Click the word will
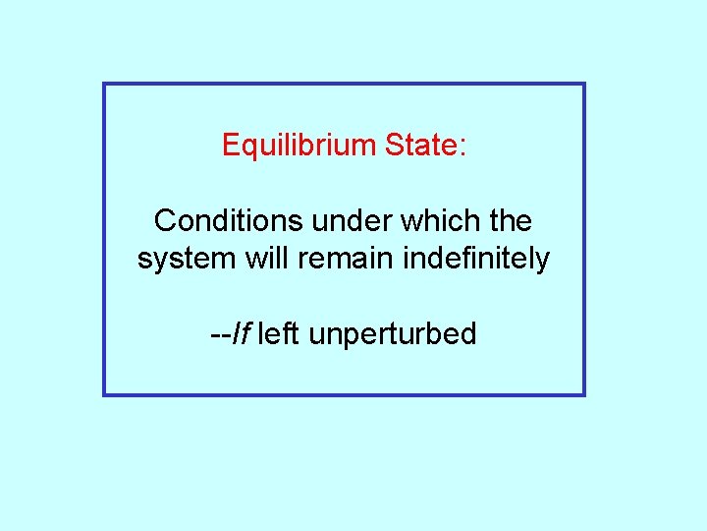(259, 259)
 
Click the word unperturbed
(393, 335)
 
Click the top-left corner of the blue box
(105, 85)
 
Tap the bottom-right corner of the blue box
(583, 394)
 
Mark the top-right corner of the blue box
(583, 85)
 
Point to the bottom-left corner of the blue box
(105, 394)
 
